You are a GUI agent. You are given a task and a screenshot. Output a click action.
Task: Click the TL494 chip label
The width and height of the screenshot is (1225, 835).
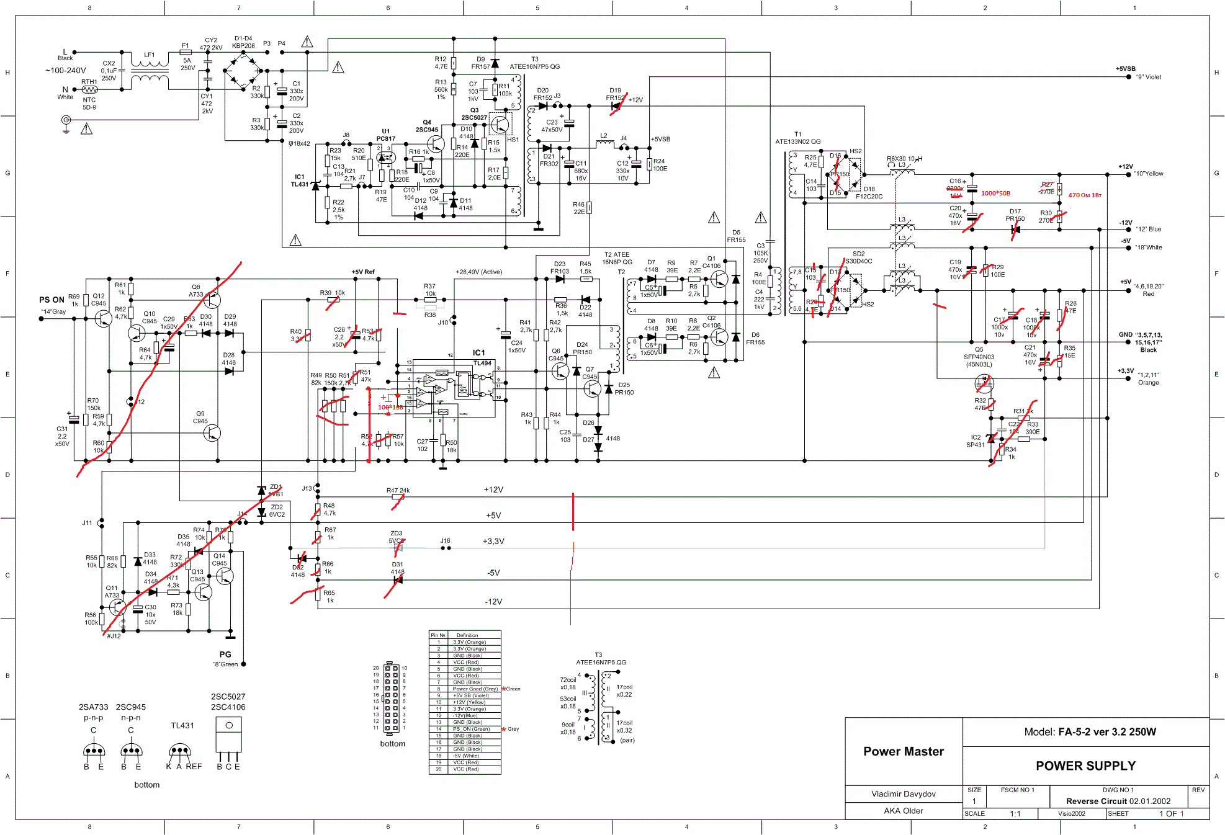pyautogui.click(x=482, y=363)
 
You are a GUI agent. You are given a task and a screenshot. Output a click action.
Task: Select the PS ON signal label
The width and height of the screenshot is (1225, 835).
pyautogui.click(x=52, y=300)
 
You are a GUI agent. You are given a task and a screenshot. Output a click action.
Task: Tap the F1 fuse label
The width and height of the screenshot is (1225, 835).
pyautogui.click(x=185, y=45)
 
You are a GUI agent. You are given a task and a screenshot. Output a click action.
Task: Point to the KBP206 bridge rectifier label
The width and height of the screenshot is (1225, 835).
pyautogui.click(x=243, y=45)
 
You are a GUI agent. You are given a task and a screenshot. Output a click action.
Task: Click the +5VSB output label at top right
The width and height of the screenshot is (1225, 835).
pyautogui.click(x=1125, y=69)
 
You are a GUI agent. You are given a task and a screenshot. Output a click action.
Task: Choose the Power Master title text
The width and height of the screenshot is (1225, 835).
pyautogui.click(x=903, y=751)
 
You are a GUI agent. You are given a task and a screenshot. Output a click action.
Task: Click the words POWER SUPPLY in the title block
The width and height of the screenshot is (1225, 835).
pyautogui.click(x=1085, y=766)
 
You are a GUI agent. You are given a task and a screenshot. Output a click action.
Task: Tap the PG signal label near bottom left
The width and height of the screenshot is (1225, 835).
pyautogui.click(x=225, y=654)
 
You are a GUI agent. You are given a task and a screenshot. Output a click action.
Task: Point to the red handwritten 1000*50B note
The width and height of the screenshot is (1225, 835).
pyautogui.click(x=995, y=194)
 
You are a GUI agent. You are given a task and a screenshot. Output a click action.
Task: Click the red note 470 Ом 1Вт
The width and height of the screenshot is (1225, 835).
pyautogui.click(x=1084, y=195)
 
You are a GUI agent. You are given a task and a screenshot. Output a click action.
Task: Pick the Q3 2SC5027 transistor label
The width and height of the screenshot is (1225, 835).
pyautogui.click(x=474, y=114)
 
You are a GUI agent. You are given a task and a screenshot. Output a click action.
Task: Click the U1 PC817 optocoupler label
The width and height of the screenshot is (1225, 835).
pyautogui.click(x=385, y=135)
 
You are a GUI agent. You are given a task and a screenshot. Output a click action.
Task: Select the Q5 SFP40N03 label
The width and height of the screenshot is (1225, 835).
pyautogui.click(x=979, y=357)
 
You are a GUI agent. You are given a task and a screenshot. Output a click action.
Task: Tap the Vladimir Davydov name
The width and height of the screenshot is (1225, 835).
pyautogui.click(x=903, y=794)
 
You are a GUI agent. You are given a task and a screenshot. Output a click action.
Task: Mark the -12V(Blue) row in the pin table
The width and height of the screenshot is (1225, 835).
pyautogui.click(x=465, y=715)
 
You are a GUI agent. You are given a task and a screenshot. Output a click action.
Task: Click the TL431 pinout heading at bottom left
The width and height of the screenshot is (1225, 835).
pyautogui.click(x=182, y=725)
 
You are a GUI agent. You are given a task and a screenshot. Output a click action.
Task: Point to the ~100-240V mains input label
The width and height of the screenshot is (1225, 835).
pyautogui.click(x=65, y=71)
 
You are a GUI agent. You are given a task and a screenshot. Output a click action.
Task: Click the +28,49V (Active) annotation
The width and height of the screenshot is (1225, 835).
pyautogui.click(x=478, y=272)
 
